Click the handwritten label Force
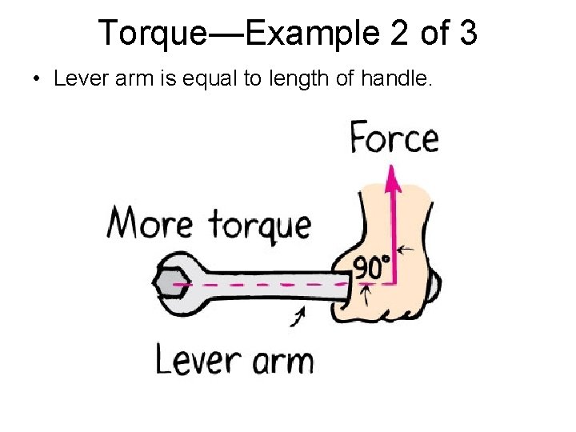click(394, 138)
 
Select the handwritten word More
click(150, 222)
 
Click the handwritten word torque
click(259, 225)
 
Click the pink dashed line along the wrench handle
click(264, 284)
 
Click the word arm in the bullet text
click(116, 79)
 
